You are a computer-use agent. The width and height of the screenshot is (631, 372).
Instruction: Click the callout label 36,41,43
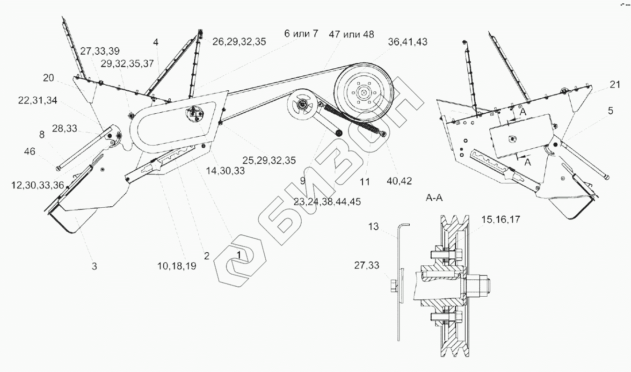click(407, 42)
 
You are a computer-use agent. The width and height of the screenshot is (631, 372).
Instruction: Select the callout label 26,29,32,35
click(239, 41)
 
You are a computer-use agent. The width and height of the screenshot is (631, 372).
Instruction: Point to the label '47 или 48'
click(351, 34)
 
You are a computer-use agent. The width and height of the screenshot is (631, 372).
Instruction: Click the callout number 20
click(49, 78)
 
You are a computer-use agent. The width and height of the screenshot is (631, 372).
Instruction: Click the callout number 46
click(30, 151)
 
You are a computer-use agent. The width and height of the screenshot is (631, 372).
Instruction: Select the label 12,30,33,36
click(37, 185)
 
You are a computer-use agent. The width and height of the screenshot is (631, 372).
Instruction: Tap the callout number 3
click(94, 267)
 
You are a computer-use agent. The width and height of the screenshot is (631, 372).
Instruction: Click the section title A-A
click(434, 198)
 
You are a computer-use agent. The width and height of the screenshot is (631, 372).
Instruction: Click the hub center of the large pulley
click(362, 92)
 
